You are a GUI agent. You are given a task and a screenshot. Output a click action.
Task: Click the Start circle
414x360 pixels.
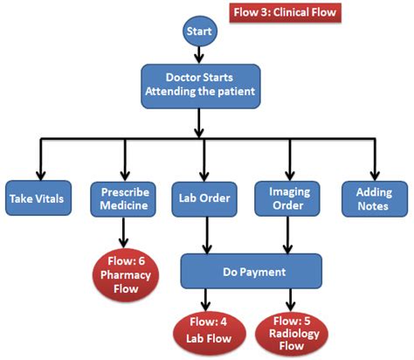(x=198, y=32)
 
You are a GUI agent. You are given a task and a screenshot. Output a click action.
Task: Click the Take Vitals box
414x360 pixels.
(x=37, y=198)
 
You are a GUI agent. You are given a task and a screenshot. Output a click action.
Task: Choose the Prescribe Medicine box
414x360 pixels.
(x=123, y=197)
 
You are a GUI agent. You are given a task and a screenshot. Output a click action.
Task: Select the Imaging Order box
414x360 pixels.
(x=287, y=197)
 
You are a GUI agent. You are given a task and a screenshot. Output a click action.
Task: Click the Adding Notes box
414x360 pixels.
(x=373, y=197)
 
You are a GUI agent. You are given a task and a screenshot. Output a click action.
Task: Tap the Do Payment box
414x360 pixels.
(x=252, y=272)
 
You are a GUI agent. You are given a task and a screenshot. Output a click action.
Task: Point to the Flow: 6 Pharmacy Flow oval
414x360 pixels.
(x=124, y=272)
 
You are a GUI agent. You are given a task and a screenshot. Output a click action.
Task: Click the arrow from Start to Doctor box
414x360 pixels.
(x=198, y=54)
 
